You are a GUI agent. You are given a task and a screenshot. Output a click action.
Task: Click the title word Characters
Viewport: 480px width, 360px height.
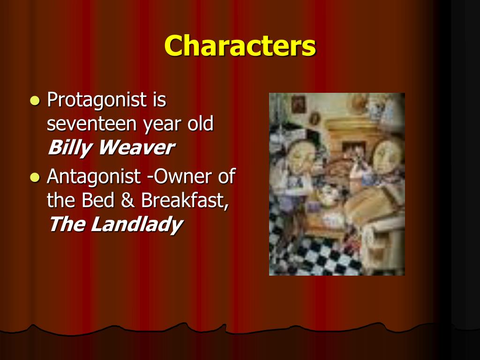tap(240, 46)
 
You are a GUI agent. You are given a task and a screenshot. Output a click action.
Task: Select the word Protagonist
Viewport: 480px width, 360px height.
tap(93, 100)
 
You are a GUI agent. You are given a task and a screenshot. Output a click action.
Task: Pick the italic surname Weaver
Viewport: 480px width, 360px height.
tap(135, 148)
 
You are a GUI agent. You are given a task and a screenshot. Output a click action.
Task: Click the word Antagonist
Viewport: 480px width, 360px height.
tap(93, 177)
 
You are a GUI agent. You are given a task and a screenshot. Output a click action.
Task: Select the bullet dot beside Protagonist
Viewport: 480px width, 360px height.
tap(34, 100)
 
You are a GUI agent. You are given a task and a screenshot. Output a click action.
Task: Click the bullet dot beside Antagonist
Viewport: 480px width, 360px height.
tap(34, 177)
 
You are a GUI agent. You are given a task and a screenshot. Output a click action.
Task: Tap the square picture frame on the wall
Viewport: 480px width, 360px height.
tap(298, 104)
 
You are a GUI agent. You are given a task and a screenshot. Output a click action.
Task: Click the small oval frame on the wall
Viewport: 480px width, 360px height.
tap(315, 118)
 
